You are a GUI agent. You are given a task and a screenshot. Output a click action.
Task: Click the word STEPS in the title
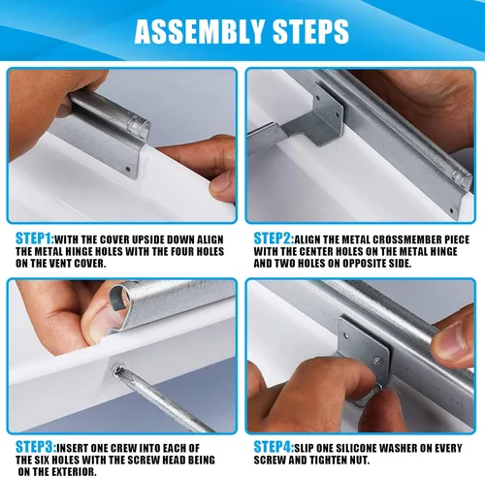click(x=310, y=31)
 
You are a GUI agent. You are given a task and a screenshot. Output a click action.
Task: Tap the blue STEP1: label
click(x=35, y=238)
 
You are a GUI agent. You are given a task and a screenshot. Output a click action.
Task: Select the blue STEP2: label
click(x=274, y=238)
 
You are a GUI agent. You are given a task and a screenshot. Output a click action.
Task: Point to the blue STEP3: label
click(x=36, y=448)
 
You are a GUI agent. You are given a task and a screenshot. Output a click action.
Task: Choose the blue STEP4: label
click(x=274, y=448)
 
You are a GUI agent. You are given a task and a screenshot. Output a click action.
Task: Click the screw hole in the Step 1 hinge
click(x=128, y=169)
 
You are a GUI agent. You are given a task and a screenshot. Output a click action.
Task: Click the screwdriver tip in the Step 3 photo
click(x=118, y=369)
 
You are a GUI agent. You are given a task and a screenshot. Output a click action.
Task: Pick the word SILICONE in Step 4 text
click(x=356, y=448)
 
